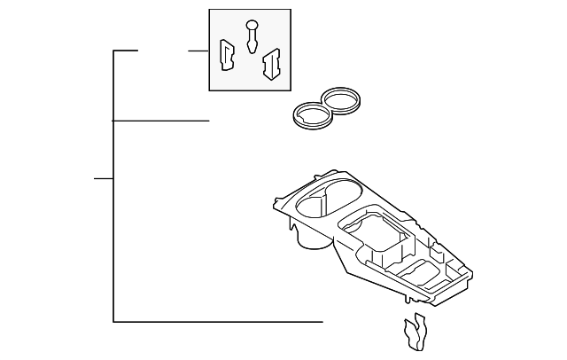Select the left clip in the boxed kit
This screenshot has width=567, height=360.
point(225,55)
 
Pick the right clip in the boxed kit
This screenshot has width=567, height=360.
point(271,61)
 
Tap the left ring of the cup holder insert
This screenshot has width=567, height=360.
point(310,115)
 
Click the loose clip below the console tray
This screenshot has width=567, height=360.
point(414,333)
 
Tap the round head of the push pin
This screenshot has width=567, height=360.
point(253,24)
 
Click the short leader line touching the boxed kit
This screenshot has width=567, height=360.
point(197,51)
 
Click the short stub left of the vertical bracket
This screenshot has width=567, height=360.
point(103,178)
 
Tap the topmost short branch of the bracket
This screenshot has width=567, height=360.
point(126,51)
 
